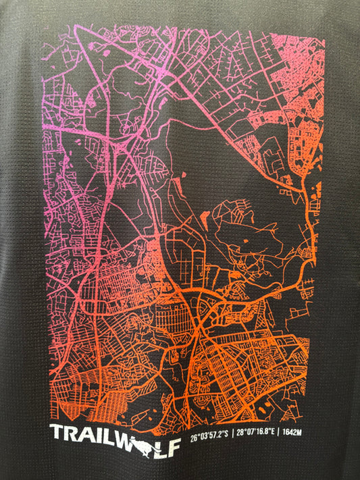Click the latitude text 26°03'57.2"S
pyautogui.click(x=209, y=435)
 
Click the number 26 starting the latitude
pyautogui.click(x=194, y=435)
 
